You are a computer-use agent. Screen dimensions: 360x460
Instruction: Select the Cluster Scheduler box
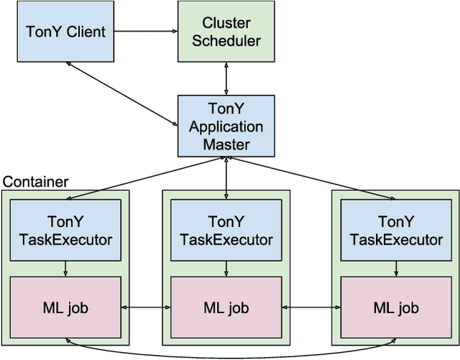[227, 31]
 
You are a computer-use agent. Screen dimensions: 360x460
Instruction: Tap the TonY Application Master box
[227, 126]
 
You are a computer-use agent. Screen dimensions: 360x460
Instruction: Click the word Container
[35, 182]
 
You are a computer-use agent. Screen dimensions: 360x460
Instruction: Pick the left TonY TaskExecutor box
[65, 230]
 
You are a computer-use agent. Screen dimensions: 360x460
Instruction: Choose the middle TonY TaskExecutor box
[226, 230]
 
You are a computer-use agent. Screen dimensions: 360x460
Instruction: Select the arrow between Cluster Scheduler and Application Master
[227, 78]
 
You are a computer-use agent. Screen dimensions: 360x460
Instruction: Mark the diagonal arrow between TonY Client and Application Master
[122, 93]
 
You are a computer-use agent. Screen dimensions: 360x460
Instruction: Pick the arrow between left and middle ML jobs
[146, 308]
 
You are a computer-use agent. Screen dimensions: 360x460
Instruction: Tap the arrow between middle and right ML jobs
[310, 308]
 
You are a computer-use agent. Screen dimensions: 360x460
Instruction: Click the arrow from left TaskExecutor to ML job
[65, 269]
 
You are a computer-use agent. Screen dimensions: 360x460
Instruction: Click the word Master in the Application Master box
[227, 144]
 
